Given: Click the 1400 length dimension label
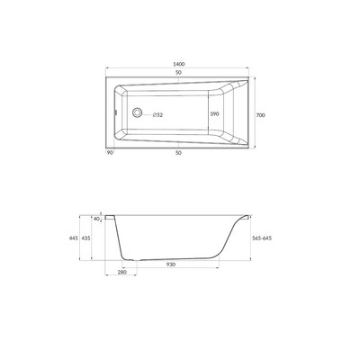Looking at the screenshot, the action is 178,64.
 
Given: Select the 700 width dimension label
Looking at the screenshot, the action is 261,115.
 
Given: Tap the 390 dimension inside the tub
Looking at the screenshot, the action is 214,114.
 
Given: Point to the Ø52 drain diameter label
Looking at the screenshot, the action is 157,114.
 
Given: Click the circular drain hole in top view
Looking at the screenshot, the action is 138,112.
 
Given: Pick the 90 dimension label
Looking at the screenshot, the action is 110,153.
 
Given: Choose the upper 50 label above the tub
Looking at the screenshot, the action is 178,72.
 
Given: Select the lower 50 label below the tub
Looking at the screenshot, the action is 178,153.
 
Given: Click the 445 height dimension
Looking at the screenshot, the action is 74,238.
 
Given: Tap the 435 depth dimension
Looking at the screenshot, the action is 85,238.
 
